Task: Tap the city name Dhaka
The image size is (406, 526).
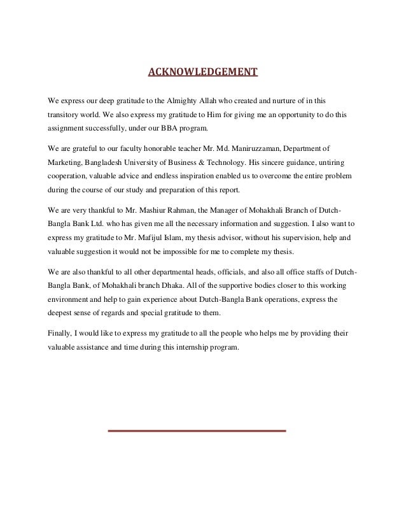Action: point(176,285)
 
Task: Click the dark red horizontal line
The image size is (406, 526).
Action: point(197,431)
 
